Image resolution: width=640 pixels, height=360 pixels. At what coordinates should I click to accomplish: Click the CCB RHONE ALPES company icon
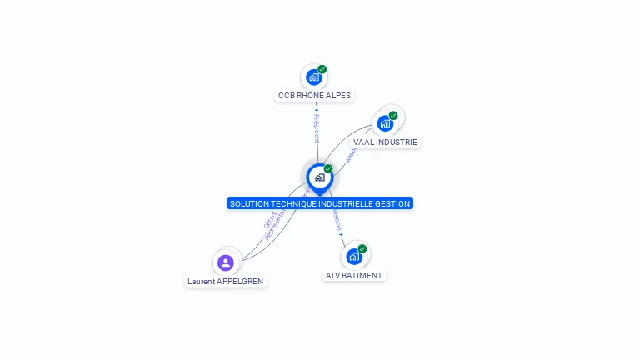tap(313, 77)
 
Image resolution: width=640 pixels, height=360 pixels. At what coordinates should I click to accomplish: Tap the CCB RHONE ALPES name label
tap(314, 96)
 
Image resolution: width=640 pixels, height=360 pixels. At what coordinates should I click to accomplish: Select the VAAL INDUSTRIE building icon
tap(384, 123)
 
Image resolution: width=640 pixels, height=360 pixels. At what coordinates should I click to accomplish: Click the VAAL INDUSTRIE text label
tap(385, 142)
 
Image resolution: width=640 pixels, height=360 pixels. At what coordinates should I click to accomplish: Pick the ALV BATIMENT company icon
tap(353, 257)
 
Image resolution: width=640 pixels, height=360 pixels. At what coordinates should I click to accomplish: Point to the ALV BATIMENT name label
tap(354, 275)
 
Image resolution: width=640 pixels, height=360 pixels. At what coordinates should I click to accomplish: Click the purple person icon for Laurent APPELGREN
tap(225, 262)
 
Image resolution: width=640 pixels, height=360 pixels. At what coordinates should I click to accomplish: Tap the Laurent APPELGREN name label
tap(225, 282)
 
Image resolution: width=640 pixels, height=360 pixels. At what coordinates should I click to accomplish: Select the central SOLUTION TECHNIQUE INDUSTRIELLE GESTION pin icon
tap(319, 177)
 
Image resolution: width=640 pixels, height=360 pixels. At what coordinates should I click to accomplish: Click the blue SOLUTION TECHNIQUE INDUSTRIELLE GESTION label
tap(320, 203)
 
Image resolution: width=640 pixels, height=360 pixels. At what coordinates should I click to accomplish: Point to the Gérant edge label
tap(269, 219)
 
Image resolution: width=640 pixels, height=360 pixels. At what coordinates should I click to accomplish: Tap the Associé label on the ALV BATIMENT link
tap(337, 219)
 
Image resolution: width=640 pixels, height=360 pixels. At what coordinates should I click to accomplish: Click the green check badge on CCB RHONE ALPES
tap(322, 69)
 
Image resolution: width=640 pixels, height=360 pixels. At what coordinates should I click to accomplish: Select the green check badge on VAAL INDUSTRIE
tap(393, 115)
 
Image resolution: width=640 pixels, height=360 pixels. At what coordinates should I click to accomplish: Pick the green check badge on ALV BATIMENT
tap(362, 248)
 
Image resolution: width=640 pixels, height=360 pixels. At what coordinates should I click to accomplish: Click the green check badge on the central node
tap(328, 169)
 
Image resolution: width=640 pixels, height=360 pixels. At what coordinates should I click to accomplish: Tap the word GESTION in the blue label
tap(393, 203)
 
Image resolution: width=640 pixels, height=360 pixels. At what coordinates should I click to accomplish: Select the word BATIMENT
tap(362, 275)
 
